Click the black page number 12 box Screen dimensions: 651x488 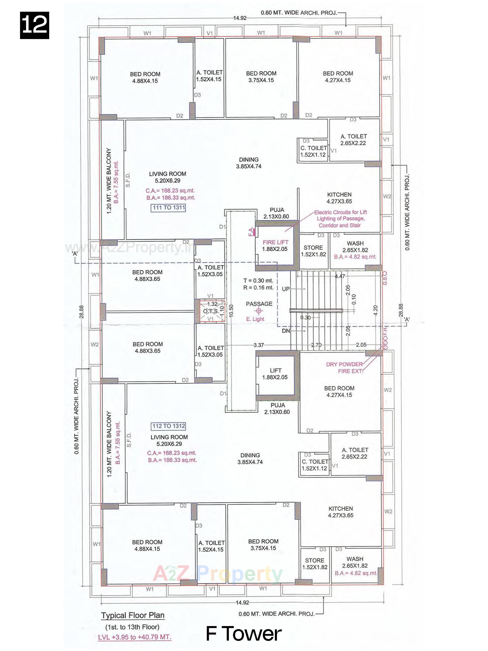pyautogui.click(x=34, y=25)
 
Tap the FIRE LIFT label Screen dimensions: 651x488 pyautogui.click(x=275, y=242)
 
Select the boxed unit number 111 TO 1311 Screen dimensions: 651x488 pyautogui.click(x=169, y=208)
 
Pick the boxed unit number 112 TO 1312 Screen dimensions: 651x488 pyautogui.click(x=169, y=426)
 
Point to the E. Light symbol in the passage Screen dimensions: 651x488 pyautogui.click(x=258, y=311)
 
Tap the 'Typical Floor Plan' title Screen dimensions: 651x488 pyautogui.click(x=133, y=615)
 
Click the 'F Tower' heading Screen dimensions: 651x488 pyautogui.click(x=244, y=634)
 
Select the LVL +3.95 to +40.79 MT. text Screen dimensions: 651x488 pyautogui.click(x=135, y=637)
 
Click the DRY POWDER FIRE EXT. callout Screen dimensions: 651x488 pyautogui.click(x=344, y=368)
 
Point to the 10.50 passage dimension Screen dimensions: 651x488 pyautogui.click(x=231, y=311)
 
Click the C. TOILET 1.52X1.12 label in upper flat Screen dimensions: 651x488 pyautogui.click(x=314, y=151)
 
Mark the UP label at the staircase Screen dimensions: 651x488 pyautogui.click(x=286, y=289)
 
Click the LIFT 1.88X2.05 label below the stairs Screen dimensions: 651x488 pyautogui.click(x=275, y=374)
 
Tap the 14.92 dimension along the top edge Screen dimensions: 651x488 pyautogui.click(x=240, y=18)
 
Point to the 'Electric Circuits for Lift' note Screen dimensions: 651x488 pyautogui.click(x=340, y=212)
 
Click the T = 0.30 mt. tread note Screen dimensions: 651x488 pyautogui.click(x=258, y=280)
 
